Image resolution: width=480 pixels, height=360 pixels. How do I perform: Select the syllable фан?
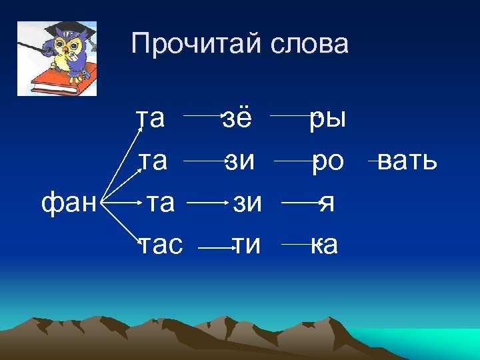click(x=69, y=201)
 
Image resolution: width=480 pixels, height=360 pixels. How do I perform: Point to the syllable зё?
click(x=237, y=119)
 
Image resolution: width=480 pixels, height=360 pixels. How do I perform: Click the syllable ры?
click(x=327, y=120)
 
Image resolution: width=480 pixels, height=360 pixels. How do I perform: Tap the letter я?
click(x=327, y=203)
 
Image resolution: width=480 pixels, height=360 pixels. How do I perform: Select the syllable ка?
click(x=324, y=245)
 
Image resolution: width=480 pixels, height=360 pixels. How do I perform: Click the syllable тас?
click(x=160, y=245)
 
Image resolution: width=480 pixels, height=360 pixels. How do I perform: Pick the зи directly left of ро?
click(x=239, y=161)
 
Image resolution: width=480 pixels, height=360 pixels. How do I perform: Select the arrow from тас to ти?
click(x=215, y=249)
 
